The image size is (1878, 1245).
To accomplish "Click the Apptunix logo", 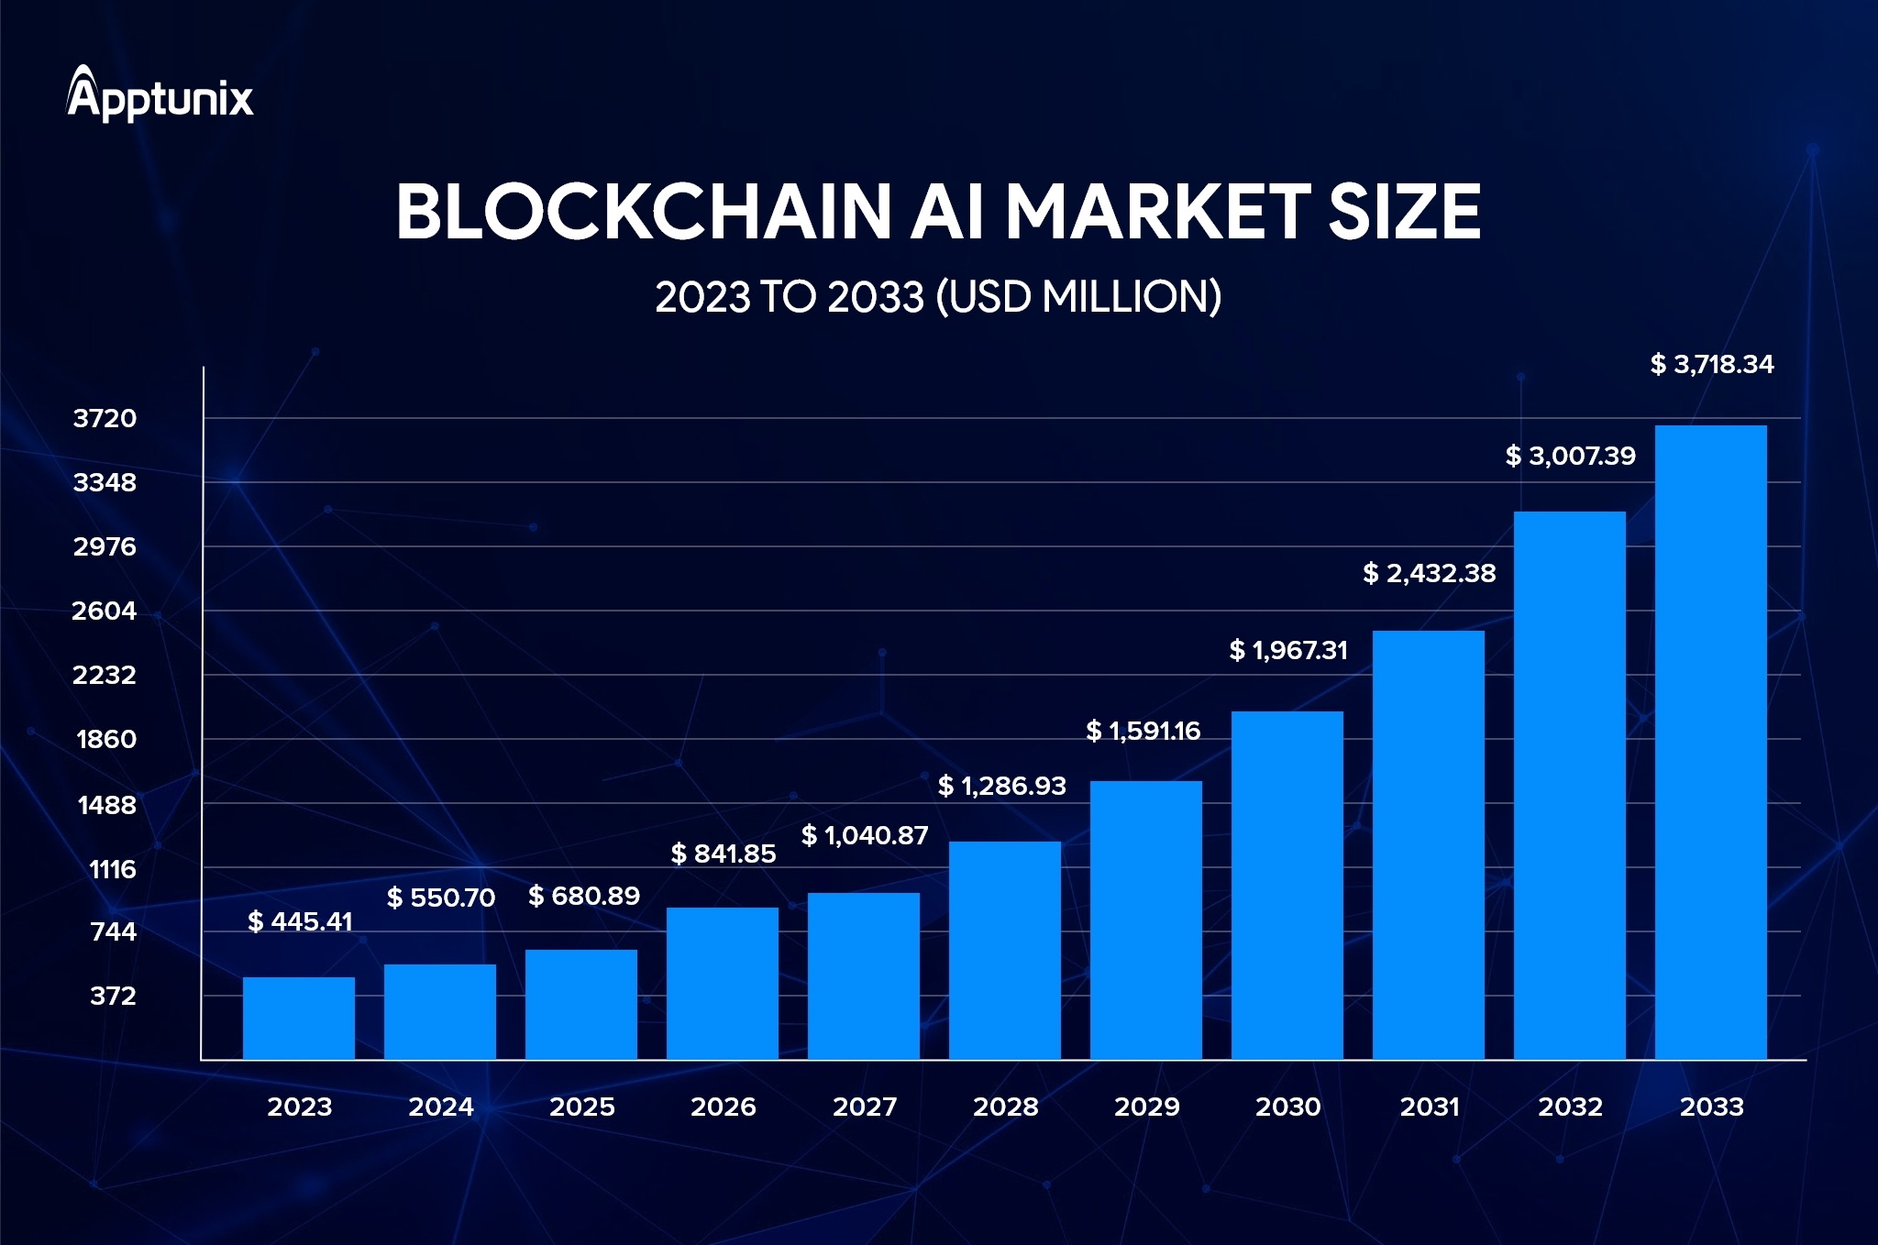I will pos(160,94).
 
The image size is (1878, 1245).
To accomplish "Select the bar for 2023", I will pos(299,1018).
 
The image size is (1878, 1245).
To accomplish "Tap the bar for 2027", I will pos(864,975).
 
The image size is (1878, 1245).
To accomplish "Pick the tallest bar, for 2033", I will pos(1711,743).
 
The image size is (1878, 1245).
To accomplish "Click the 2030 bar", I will pos(1287,885).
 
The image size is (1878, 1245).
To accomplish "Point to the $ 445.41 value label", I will pos(300,921).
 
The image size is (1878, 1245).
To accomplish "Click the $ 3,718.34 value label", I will pos(1711,365).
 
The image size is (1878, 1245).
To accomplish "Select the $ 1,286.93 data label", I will pos(1001,786).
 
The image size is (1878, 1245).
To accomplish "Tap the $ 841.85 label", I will pos(723,854).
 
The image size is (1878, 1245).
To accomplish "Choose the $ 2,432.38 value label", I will pos(1429,573).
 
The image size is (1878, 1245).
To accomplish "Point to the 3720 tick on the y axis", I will pos(105,418).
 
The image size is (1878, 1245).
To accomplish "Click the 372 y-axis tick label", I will pos(113,996).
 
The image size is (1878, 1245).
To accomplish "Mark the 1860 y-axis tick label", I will pos(106,739).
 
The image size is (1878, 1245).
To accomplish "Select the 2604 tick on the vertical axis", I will pos(105,611).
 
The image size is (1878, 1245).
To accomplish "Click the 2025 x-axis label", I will pos(581,1107).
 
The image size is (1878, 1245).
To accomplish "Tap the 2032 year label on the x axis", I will pos(1570,1107).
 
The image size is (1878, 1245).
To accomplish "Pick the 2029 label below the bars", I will pos(1146,1107).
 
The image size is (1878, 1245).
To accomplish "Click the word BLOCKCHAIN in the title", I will pos(643,212).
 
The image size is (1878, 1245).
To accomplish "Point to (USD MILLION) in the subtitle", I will pos(1078,297).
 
